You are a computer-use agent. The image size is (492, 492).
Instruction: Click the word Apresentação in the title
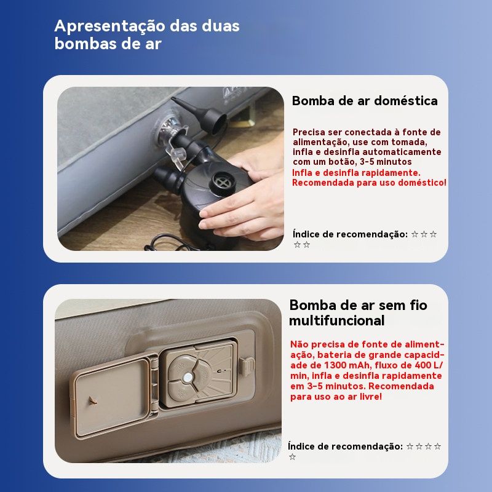point(111,26)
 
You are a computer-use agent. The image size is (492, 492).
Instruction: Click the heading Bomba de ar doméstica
point(365,101)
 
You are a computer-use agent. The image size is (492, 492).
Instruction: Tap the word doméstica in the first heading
point(406,101)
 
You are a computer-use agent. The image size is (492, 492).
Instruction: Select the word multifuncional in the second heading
point(336,320)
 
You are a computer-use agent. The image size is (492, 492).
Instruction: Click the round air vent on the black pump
point(222,182)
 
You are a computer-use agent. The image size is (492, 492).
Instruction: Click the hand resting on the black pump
point(245,201)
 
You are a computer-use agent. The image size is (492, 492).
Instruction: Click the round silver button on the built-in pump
point(188,378)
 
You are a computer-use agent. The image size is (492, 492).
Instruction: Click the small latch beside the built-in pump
point(247,366)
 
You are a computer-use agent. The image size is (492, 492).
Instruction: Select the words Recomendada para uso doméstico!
point(369,183)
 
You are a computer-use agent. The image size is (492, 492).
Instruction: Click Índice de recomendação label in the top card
point(350,234)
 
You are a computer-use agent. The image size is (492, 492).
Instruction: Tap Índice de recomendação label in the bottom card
point(345,446)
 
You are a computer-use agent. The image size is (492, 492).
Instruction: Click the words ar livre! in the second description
point(365,397)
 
